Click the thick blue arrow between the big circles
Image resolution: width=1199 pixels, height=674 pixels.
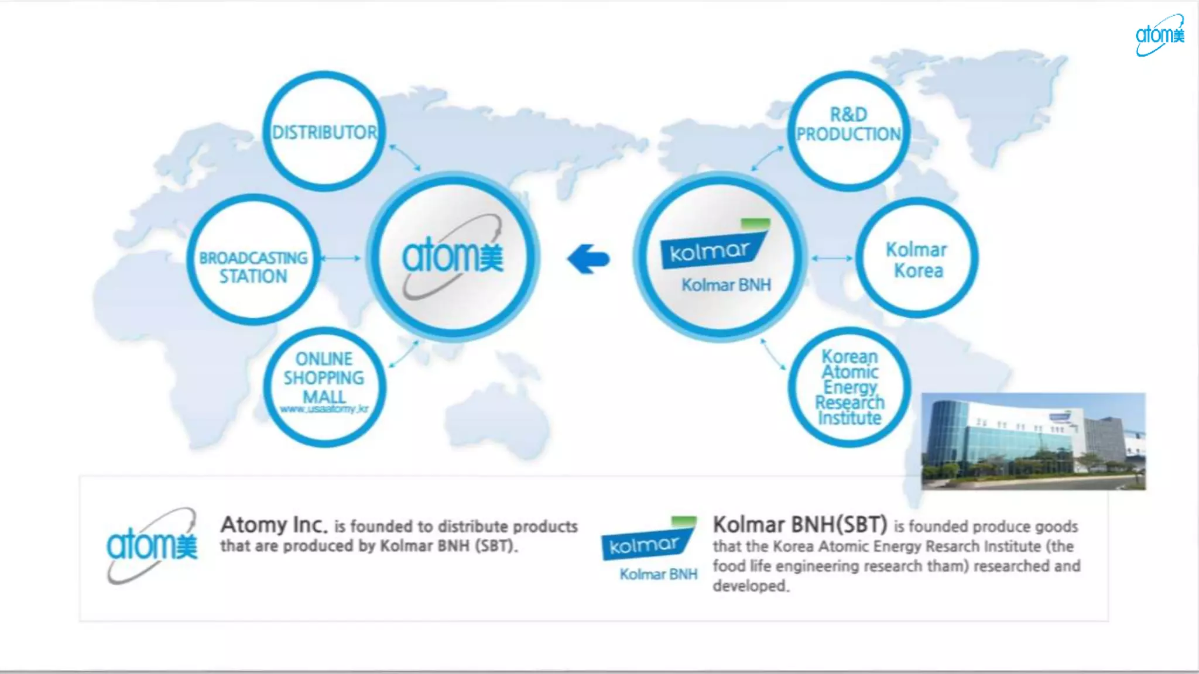click(588, 259)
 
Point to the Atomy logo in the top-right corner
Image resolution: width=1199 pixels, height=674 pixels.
click(1160, 35)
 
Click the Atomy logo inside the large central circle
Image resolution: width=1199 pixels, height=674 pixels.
click(452, 256)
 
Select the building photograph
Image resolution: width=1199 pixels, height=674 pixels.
click(1033, 441)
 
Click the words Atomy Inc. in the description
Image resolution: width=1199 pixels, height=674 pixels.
click(274, 525)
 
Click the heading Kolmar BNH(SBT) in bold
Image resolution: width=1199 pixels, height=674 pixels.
click(800, 524)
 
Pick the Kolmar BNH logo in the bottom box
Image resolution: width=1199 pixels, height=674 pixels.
click(649, 549)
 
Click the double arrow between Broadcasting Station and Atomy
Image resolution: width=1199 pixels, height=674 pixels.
click(341, 258)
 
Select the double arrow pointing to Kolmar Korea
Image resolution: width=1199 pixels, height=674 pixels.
click(832, 258)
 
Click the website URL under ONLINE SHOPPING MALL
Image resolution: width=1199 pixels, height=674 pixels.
click(324, 409)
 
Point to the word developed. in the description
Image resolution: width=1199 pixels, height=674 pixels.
click(751, 586)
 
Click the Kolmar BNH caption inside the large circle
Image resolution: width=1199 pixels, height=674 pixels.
click(726, 285)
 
